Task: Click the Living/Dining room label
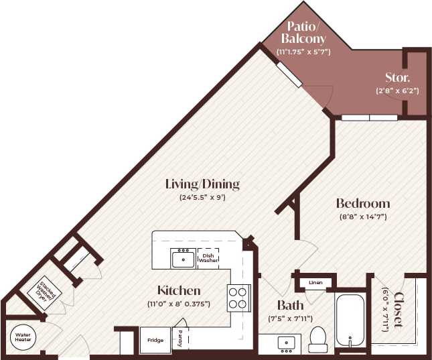tap(202, 184)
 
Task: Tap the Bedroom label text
tap(362, 202)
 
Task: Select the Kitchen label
tap(179, 290)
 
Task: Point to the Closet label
tap(399, 310)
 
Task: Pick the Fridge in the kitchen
tap(155, 339)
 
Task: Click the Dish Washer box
tap(208, 257)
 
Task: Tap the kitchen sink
tap(182, 258)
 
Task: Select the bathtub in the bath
tap(350, 320)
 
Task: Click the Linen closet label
tap(315, 283)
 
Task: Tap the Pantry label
tap(179, 339)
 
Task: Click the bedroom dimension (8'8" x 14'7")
tap(362, 217)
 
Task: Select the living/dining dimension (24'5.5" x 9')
tap(202, 198)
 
